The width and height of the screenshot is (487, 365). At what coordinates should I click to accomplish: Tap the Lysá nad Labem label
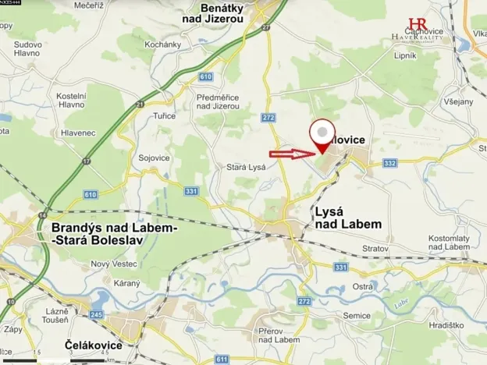(x=347, y=218)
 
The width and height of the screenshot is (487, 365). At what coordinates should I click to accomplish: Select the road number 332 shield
(x=390, y=163)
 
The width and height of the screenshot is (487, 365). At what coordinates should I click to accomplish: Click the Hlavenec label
(x=78, y=133)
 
